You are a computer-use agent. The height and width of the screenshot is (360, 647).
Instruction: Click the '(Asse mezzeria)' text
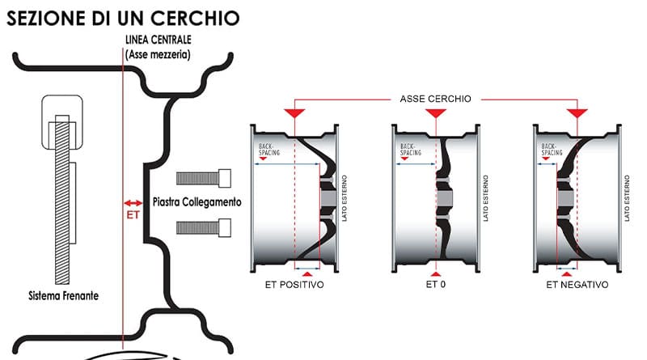(x=159, y=55)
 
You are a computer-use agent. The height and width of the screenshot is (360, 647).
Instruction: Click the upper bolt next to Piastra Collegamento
(x=204, y=177)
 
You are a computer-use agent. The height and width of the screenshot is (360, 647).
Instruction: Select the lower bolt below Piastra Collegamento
(x=204, y=227)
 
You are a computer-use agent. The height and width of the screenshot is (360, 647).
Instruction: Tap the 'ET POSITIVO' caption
(x=294, y=286)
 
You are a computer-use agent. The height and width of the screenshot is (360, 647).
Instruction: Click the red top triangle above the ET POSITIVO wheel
(x=294, y=111)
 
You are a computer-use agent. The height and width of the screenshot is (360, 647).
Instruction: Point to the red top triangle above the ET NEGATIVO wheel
(x=577, y=111)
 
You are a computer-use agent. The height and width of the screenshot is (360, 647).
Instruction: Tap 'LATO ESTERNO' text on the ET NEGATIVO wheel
(x=627, y=197)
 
